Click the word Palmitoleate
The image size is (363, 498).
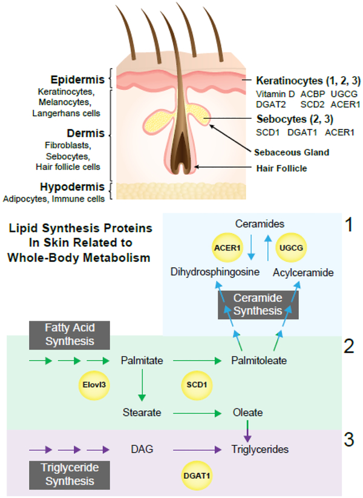point(259,361)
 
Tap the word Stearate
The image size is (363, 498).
point(141,413)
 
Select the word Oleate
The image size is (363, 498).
point(247,413)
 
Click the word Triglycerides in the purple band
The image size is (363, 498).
point(260,450)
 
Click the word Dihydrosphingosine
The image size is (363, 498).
point(206,273)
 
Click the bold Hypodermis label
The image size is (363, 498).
point(80,187)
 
